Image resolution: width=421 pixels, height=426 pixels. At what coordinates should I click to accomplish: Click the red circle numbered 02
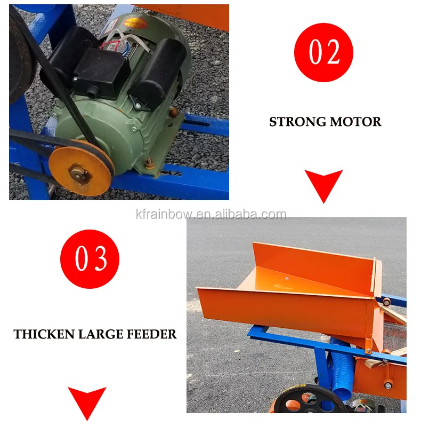point(323,52)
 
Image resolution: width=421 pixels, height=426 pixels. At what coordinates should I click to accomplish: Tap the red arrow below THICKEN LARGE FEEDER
point(87,402)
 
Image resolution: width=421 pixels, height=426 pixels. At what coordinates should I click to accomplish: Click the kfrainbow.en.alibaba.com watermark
point(210,215)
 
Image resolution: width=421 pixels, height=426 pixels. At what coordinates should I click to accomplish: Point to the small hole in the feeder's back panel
point(286,278)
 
